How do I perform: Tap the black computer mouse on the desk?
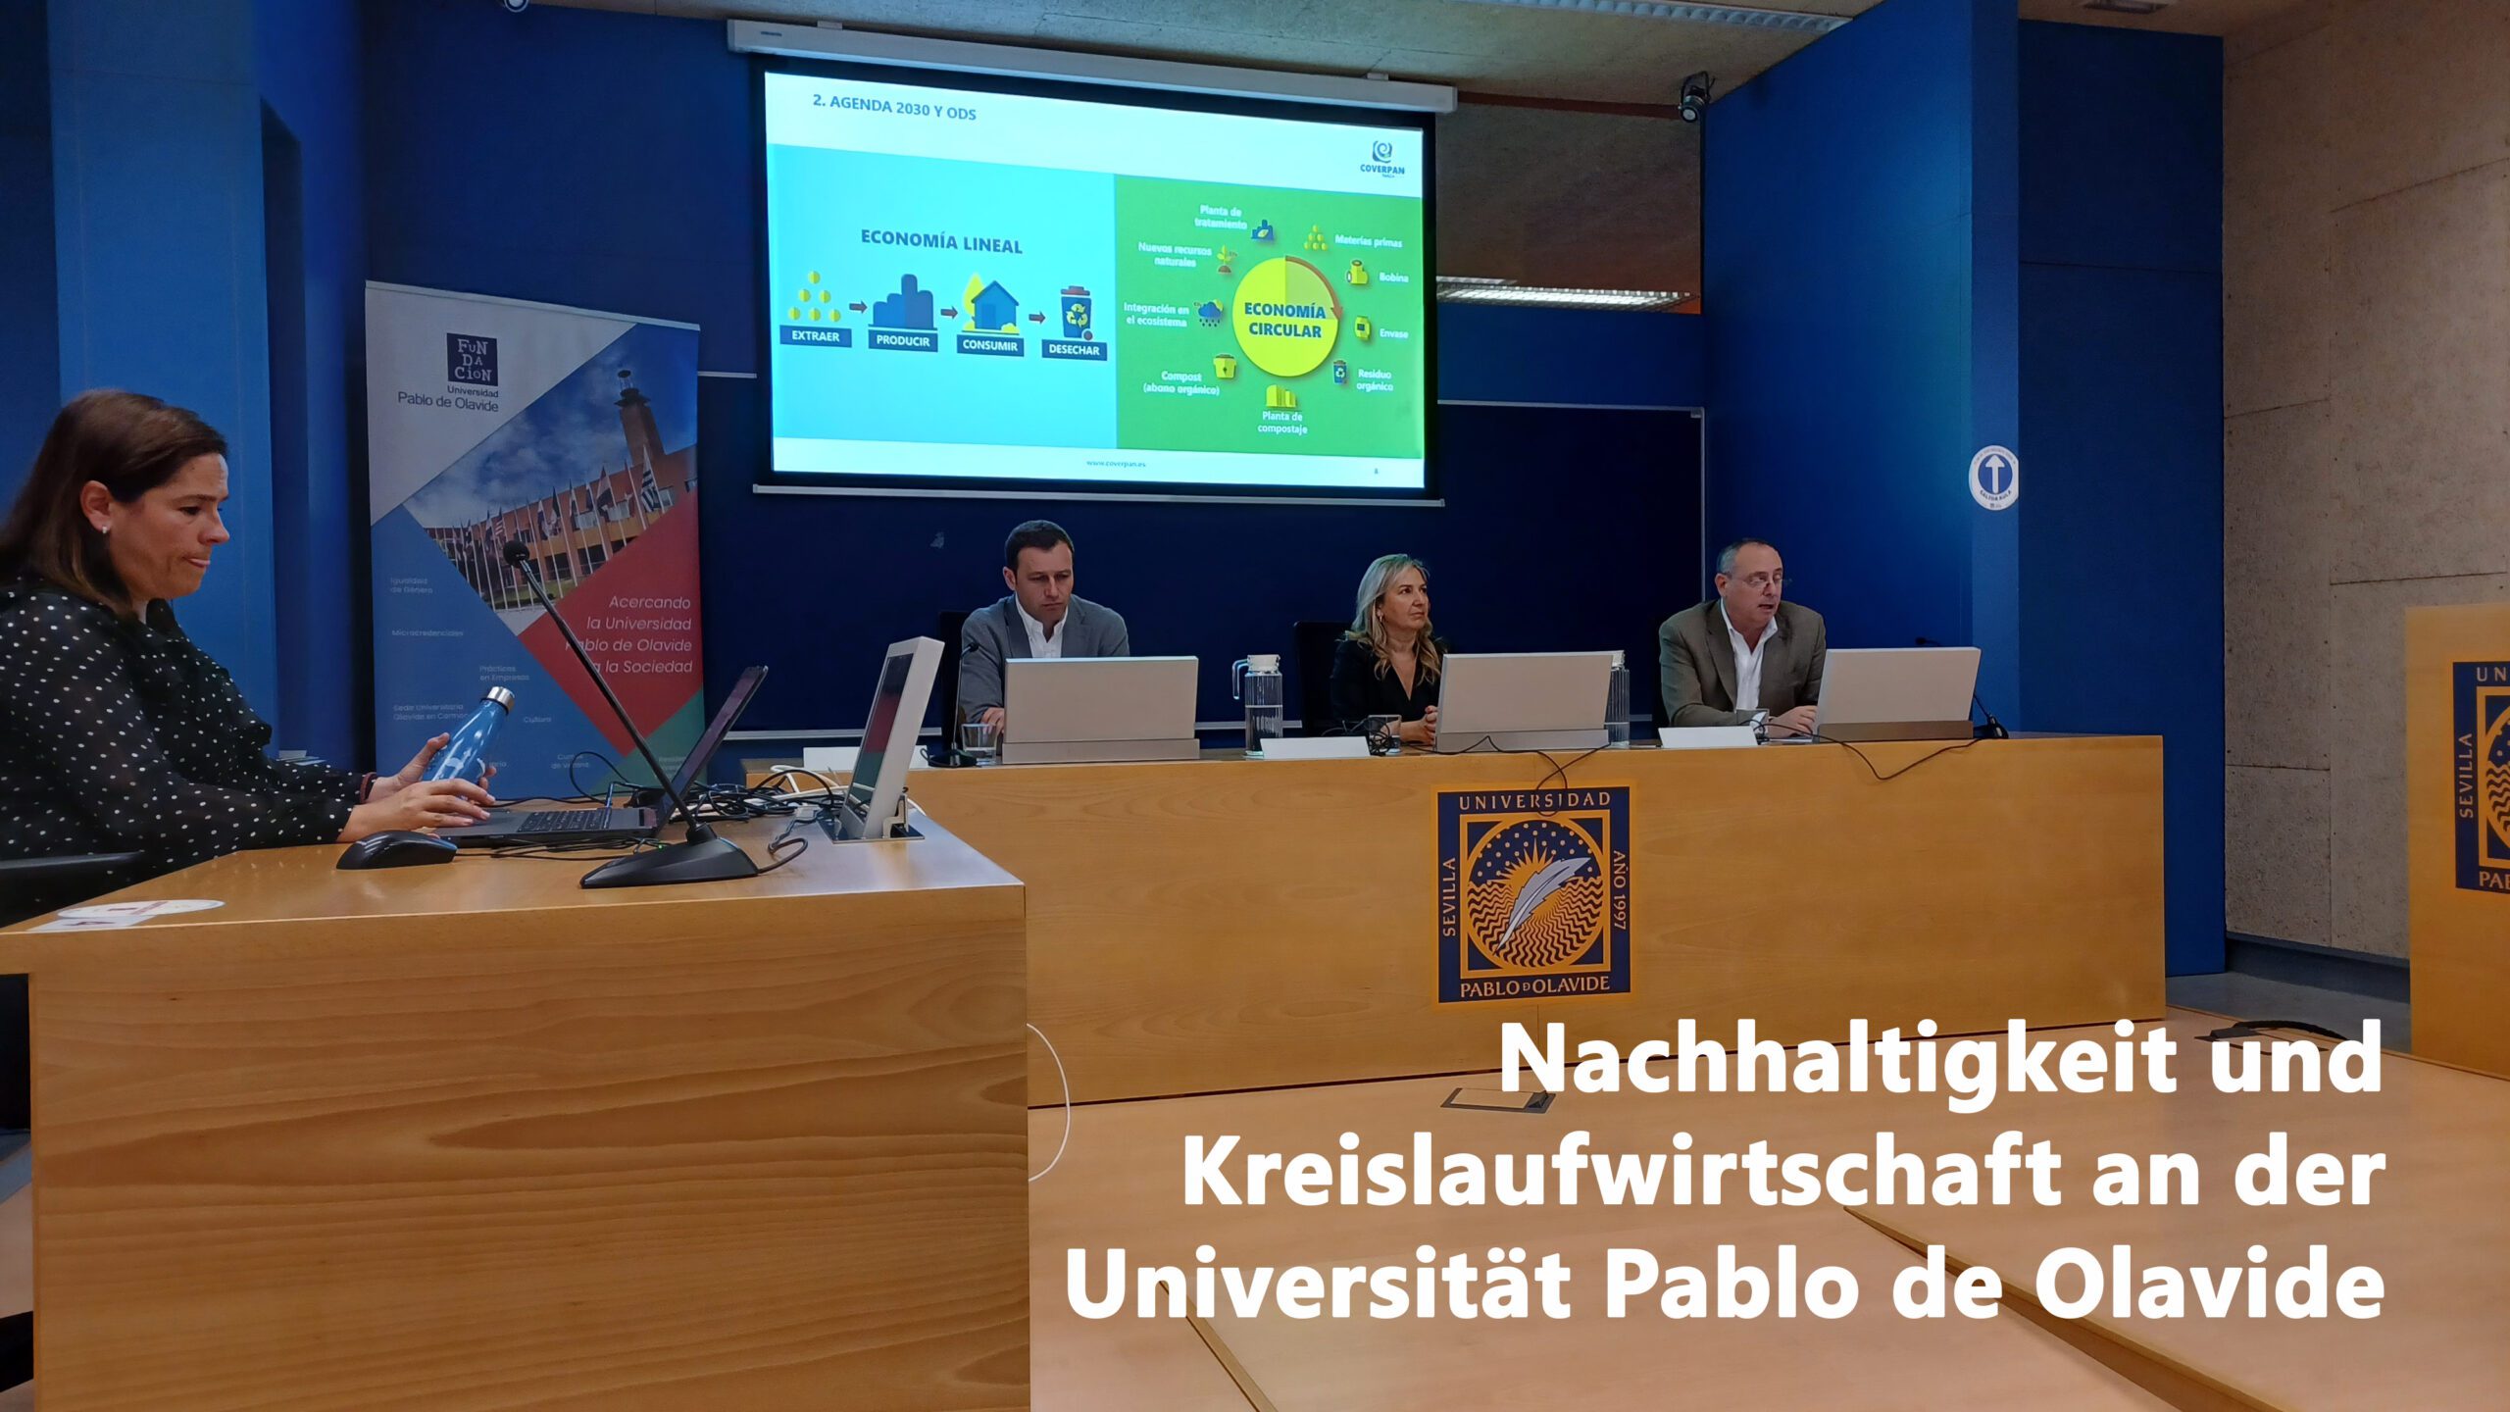pyautogui.click(x=396, y=848)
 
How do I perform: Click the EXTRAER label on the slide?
pyautogui.click(x=815, y=336)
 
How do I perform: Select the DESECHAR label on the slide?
pyautogui.click(x=1074, y=349)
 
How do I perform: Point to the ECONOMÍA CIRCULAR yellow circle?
pyautogui.click(x=1283, y=320)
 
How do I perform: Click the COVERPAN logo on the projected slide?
pyautogui.click(x=1381, y=158)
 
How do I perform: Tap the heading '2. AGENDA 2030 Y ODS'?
pyautogui.click(x=893, y=107)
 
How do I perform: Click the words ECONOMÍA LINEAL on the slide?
pyautogui.click(x=940, y=241)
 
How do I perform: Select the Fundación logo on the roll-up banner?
pyautogui.click(x=472, y=360)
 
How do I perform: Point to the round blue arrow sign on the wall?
pyautogui.click(x=1992, y=478)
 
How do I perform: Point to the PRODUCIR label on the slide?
pyautogui.click(x=902, y=341)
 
